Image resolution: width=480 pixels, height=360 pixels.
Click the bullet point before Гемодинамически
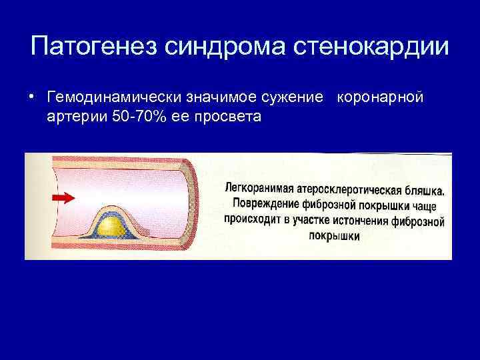[33, 98]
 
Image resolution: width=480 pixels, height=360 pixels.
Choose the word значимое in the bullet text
[221, 98]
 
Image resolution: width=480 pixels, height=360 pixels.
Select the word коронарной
[381, 98]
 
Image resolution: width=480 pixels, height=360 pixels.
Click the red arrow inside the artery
[62, 198]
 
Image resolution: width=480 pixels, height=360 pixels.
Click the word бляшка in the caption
[428, 190]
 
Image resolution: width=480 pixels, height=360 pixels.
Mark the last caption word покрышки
[336, 236]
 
